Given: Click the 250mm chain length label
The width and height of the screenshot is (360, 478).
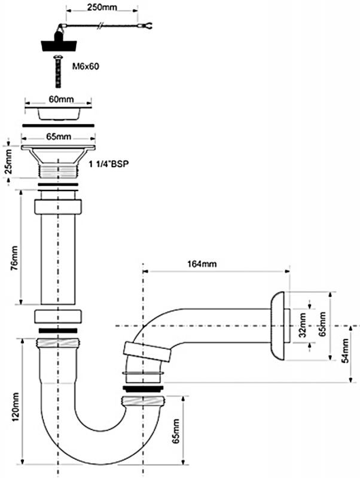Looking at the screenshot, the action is click(102, 7).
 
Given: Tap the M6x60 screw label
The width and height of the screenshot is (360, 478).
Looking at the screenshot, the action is click(86, 66).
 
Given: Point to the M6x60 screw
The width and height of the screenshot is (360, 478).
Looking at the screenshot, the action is click(57, 71).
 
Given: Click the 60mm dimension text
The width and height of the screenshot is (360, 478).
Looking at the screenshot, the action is click(61, 99).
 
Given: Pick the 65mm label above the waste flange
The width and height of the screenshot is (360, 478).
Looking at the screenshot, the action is click(59, 137).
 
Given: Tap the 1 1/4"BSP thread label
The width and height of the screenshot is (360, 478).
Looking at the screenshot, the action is click(109, 164).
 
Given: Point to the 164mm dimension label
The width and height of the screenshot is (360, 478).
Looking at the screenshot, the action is click(202, 263).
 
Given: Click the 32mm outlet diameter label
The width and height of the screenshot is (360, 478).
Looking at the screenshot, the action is click(303, 325).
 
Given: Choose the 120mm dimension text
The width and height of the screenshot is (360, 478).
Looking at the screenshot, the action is click(14, 407).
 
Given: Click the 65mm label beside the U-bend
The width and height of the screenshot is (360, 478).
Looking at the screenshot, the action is click(176, 431).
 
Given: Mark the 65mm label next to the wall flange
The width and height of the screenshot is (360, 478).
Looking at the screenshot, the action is click(322, 324).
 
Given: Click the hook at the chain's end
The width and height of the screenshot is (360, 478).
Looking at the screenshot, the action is click(147, 26).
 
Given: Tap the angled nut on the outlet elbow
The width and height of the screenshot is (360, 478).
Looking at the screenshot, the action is click(148, 351).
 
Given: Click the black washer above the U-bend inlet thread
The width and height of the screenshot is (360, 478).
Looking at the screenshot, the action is click(58, 330).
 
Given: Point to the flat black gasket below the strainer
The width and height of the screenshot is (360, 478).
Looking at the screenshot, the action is click(58, 125).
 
